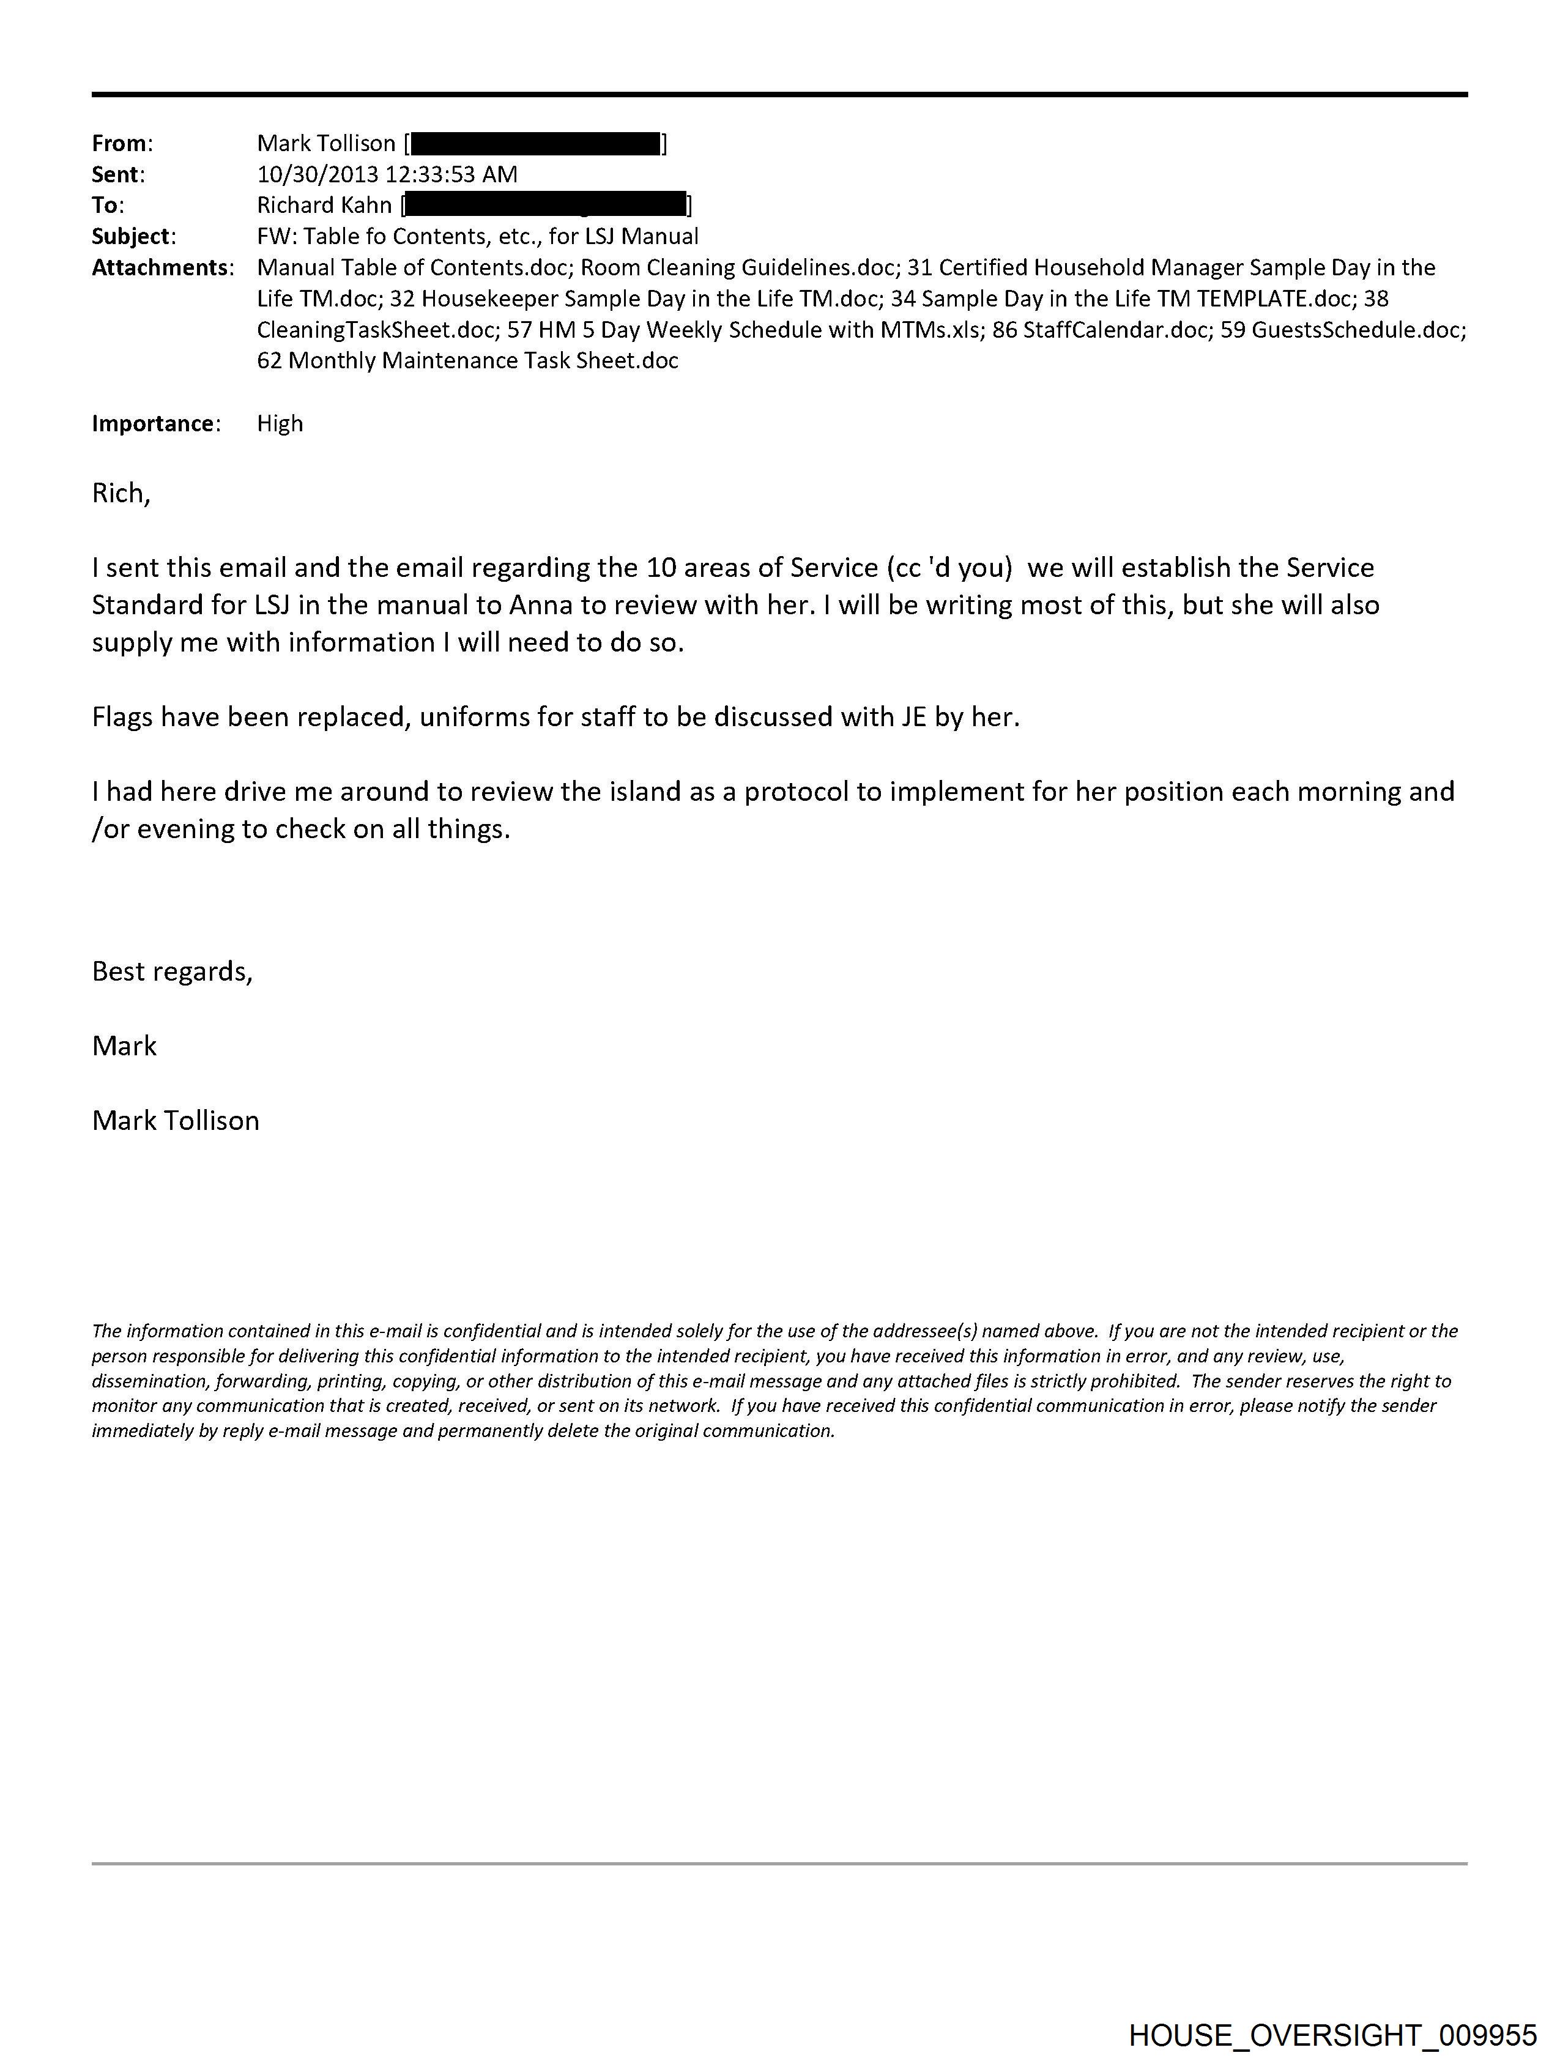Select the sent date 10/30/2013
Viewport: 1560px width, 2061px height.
click(318, 174)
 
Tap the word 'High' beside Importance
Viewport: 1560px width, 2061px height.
click(280, 424)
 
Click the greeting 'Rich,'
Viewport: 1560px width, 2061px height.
click(121, 493)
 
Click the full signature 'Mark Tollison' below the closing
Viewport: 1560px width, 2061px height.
click(175, 1120)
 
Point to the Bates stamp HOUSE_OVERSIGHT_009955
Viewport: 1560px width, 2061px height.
click(1332, 2034)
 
